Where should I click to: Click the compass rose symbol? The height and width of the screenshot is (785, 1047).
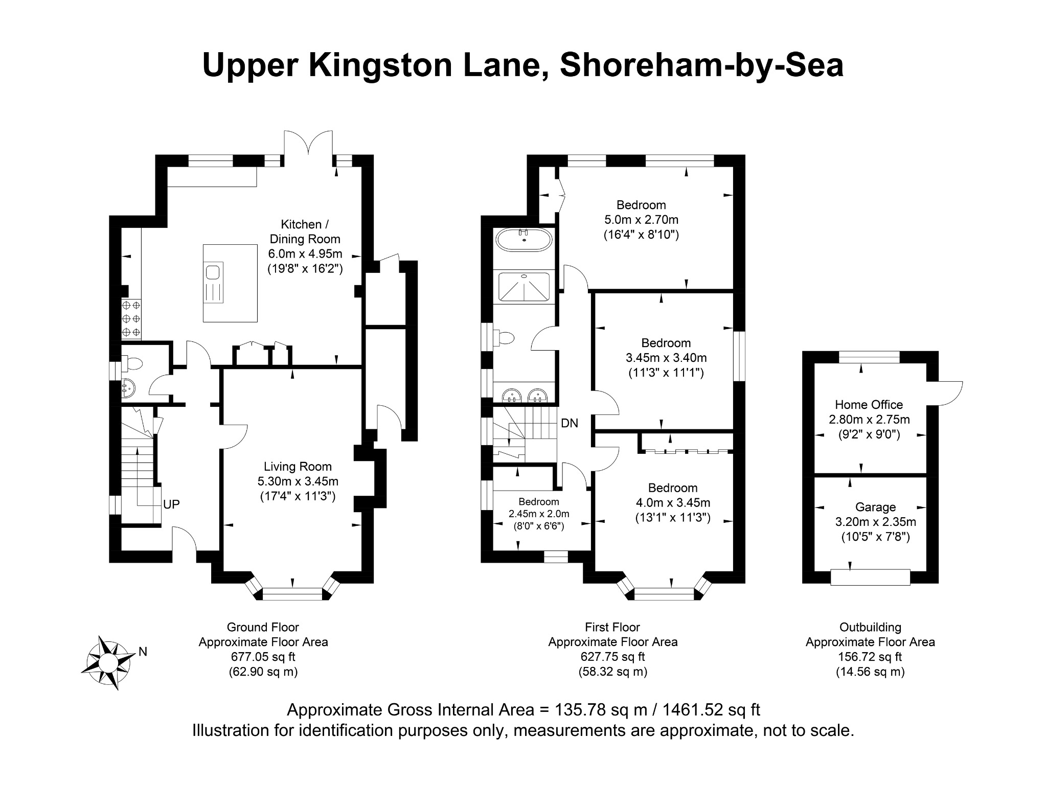point(106,663)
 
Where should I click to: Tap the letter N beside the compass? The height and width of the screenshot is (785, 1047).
point(143,652)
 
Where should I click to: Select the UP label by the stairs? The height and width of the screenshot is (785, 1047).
point(171,504)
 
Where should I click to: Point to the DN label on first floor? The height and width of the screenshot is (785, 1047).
point(570,423)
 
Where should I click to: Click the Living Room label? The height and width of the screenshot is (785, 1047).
point(298,467)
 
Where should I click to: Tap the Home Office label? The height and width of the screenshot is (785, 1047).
point(869,405)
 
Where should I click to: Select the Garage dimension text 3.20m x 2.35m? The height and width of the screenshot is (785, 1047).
point(875,522)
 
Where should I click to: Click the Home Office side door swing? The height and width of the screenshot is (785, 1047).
point(950,393)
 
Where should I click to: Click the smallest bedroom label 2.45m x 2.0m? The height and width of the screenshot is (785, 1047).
point(538,514)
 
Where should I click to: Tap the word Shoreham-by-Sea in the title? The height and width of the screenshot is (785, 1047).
point(701,65)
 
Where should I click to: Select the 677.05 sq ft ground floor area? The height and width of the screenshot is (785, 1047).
point(263,657)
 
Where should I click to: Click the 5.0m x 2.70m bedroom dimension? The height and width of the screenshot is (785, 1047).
point(641,220)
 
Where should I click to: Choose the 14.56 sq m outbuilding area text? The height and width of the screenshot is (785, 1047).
point(870,672)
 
